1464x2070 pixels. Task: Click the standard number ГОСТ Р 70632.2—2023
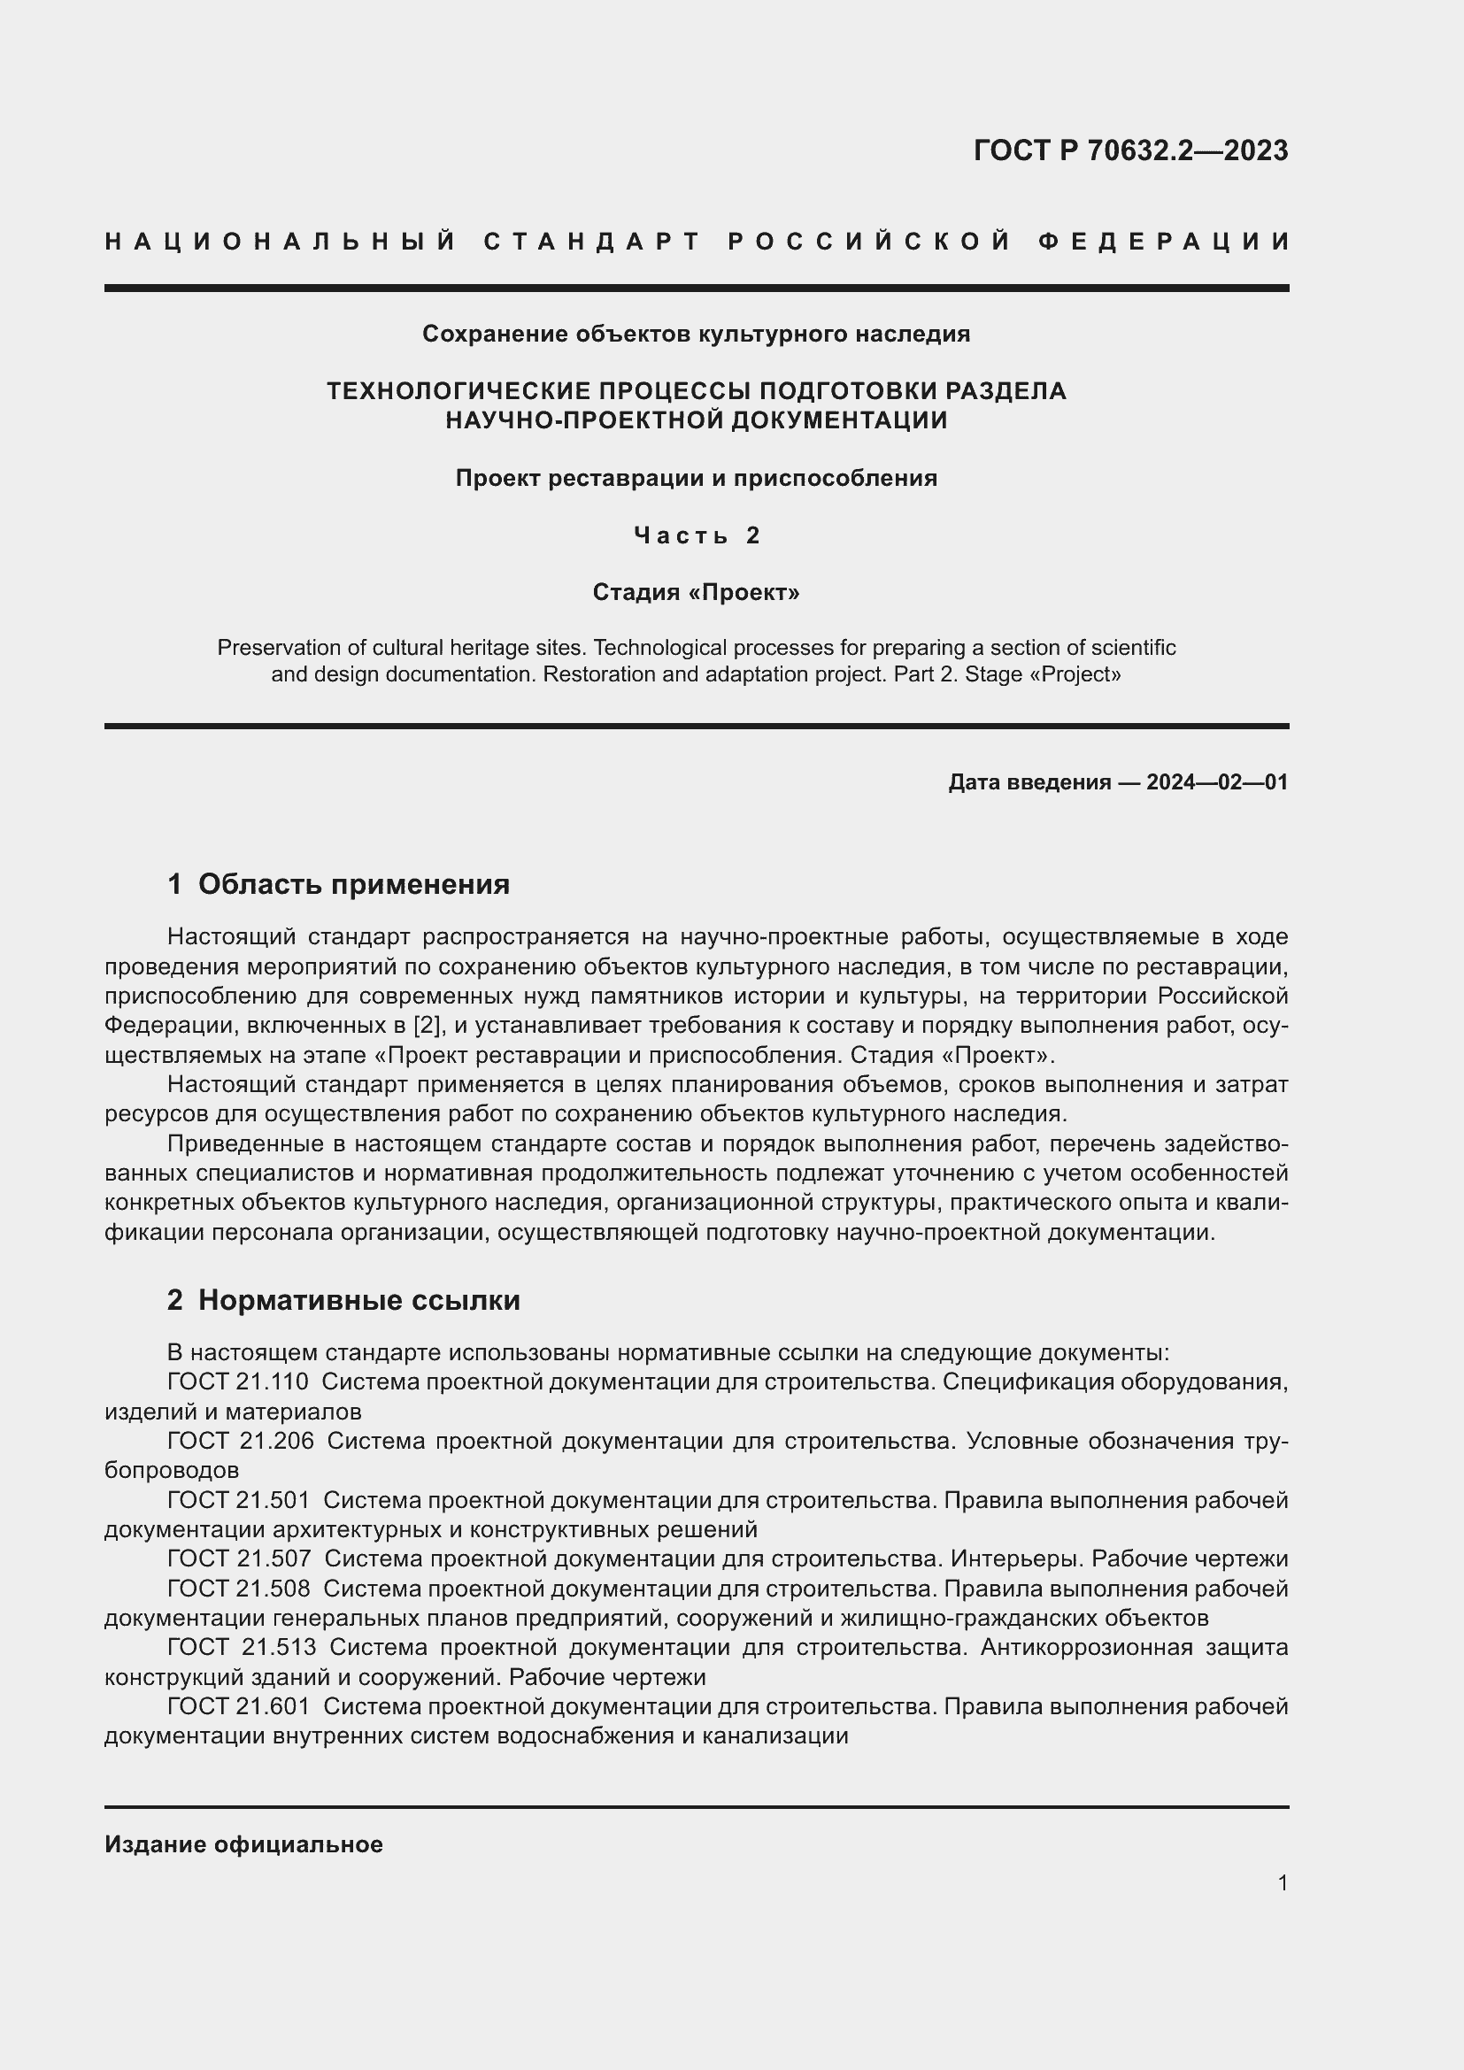pos(1130,150)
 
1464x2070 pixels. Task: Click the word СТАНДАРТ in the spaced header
pos(592,242)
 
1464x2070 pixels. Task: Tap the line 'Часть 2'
pos(697,535)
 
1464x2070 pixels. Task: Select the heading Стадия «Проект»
pos(696,592)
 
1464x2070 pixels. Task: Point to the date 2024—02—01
pos(1217,781)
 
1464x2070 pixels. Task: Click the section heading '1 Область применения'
pos(338,883)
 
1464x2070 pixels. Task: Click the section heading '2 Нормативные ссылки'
pos(343,1300)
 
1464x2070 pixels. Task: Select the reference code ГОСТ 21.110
pos(238,1381)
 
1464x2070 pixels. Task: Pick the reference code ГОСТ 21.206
pos(241,1441)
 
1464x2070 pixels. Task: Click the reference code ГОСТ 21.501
pos(238,1500)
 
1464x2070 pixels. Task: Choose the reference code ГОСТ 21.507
pos(239,1558)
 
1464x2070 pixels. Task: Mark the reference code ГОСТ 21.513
pos(242,1647)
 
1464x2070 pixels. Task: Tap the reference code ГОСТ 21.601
pos(238,1706)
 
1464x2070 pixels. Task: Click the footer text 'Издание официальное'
pos(243,1844)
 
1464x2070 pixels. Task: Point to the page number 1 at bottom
pos(1283,1882)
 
